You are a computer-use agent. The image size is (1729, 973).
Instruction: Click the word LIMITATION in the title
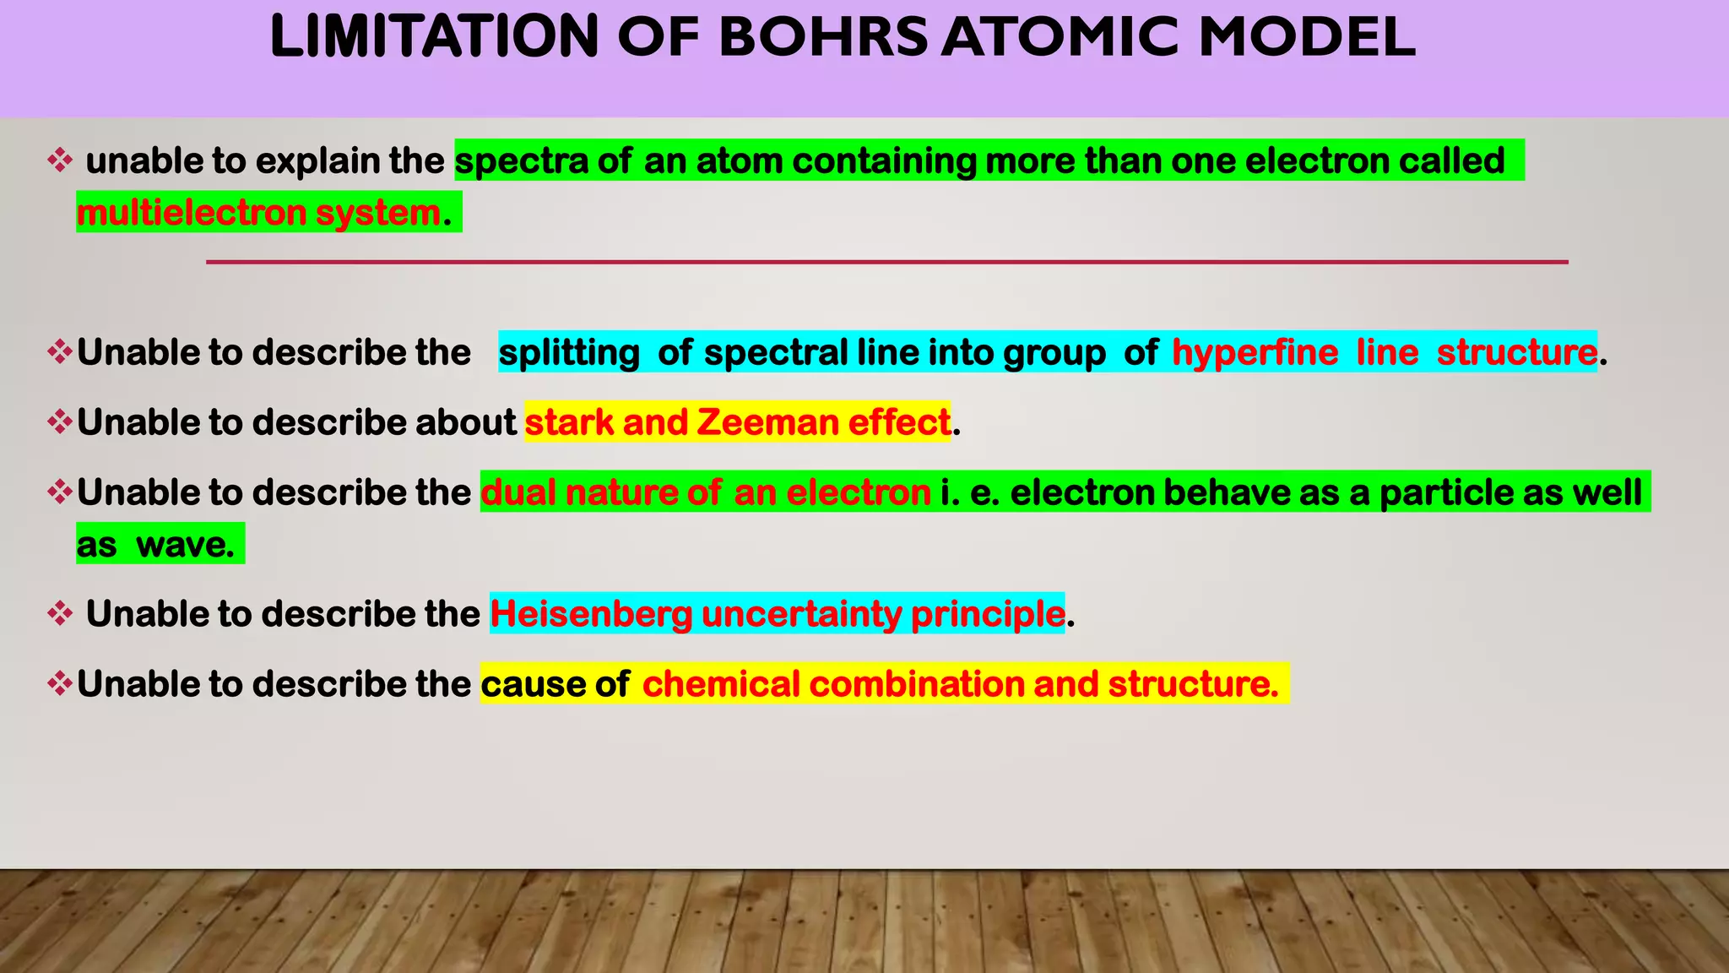[x=434, y=37]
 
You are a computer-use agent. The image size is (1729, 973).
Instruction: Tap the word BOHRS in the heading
[x=823, y=37]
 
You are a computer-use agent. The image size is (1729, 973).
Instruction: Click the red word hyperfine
[x=1255, y=352]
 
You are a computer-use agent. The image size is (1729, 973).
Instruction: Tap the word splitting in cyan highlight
[x=569, y=352]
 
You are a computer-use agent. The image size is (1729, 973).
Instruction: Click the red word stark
[x=569, y=422]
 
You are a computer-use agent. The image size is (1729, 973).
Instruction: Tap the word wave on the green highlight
[x=185, y=545]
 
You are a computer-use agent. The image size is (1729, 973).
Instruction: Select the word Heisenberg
[x=591, y=614]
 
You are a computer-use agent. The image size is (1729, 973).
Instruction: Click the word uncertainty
[x=801, y=614]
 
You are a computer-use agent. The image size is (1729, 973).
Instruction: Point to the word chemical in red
[x=720, y=684]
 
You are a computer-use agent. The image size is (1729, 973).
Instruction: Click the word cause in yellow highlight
[x=530, y=684]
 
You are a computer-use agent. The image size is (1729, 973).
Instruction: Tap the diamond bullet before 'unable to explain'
[x=60, y=160]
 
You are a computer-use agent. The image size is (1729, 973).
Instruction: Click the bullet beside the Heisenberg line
[x=60, y=614]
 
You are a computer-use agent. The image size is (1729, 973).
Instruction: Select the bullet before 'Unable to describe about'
[x=60, y=422]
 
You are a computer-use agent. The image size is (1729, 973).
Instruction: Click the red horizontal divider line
[x=886, y=263]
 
